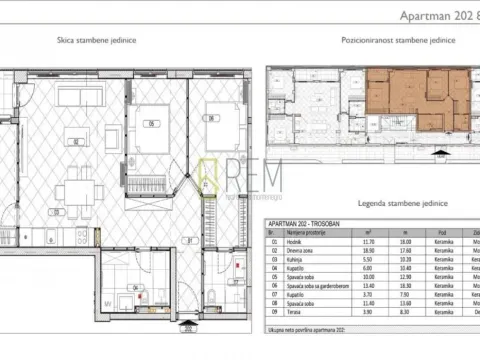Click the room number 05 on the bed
[152, 124]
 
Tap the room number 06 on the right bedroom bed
[212, 119]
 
